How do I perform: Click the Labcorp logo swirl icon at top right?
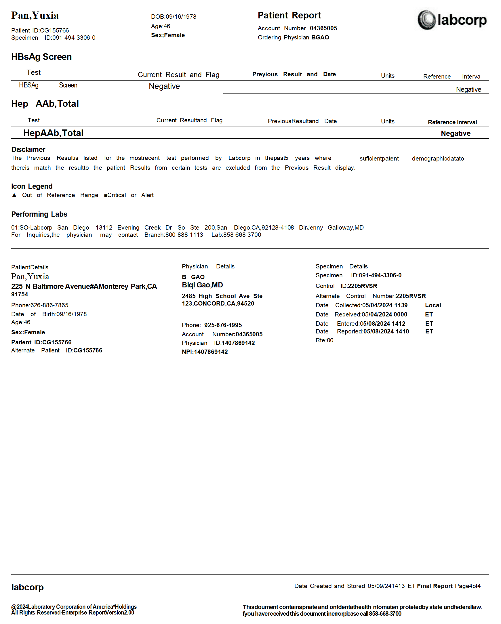[426, 20]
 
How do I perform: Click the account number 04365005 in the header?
[323, 28]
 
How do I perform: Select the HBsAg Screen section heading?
[41, 57]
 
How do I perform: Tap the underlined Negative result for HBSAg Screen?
[164, 86]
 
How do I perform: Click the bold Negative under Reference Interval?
[456, 133]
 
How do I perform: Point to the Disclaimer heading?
[28, 149]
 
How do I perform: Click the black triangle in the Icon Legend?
[14, 195]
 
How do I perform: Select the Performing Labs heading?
[39, 214]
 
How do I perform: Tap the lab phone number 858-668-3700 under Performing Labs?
[242, 235]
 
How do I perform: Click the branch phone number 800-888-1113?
[184, 235]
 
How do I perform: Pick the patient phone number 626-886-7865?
[49, 305]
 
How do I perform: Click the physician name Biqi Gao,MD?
[202, 285]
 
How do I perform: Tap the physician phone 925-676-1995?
[223, 325]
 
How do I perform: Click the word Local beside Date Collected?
[433, 305]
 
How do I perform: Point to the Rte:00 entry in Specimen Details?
[324, 340]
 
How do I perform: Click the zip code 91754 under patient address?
[20, 294]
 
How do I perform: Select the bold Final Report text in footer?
[435, 586]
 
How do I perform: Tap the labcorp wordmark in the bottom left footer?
[28, 587]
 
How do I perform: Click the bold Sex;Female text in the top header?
[168, 35]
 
